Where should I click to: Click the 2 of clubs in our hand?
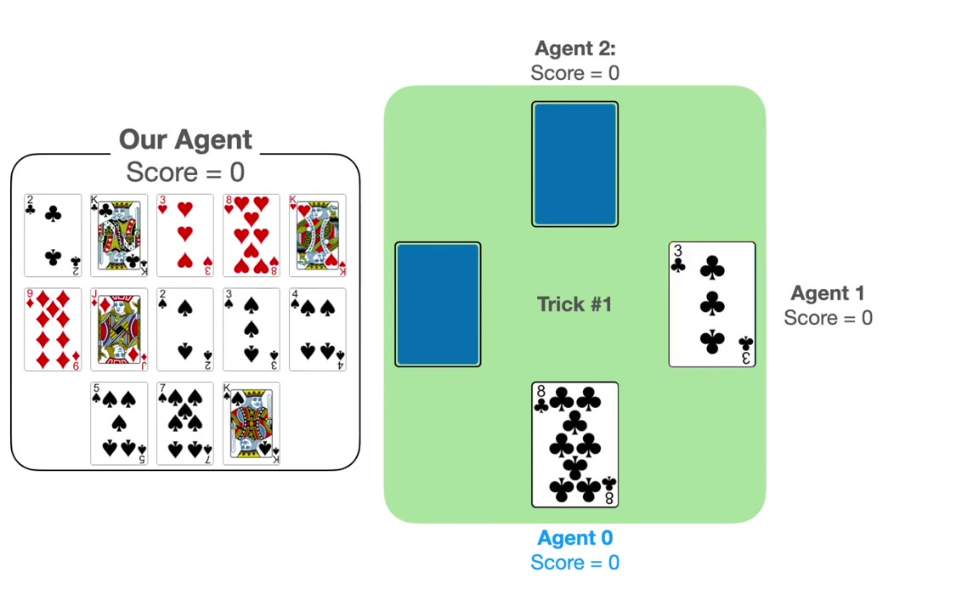[53, 235]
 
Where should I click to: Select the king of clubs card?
[119, 235]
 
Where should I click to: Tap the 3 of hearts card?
[185, 235]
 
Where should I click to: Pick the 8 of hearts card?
[252, 235]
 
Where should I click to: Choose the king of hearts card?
[318, 235]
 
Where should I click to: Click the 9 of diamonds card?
[53, 330]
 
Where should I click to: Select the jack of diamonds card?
[119, 330]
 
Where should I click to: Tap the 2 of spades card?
[185, 330]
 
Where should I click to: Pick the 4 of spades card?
[318, 330]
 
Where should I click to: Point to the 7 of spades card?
[185, 423]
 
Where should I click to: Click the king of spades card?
[252, 423]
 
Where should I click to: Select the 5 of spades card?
[119, 423]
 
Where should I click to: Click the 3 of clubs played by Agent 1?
[712, 304]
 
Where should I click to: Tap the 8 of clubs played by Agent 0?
[574, 445]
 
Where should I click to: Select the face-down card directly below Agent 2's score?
[574, 164]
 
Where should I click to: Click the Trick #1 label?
[574, 304]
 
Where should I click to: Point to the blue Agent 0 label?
[574, 538]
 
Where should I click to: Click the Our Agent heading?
[185, 140]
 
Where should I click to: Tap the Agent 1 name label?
[828, 293]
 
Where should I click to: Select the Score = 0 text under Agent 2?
[574, 73]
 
